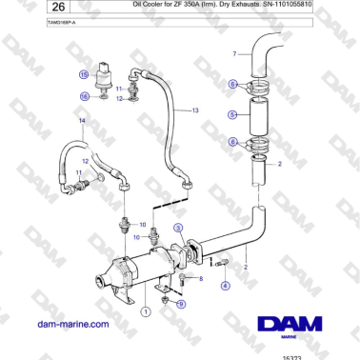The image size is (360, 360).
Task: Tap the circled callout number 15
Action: coord(84,73)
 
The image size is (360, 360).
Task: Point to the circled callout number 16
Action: coord(84,95)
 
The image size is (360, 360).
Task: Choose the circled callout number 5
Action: coord(232,114)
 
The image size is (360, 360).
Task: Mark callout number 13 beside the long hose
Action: coord(195,111)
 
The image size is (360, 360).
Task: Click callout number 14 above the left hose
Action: coord(82,122)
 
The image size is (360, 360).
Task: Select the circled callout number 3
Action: coord(178,227)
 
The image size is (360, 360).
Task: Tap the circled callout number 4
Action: coord(225,284)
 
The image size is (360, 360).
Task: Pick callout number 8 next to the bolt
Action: coord(201,277)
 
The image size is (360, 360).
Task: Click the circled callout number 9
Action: coord(181,303)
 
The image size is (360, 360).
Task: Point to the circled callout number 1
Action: coord(145,311)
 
